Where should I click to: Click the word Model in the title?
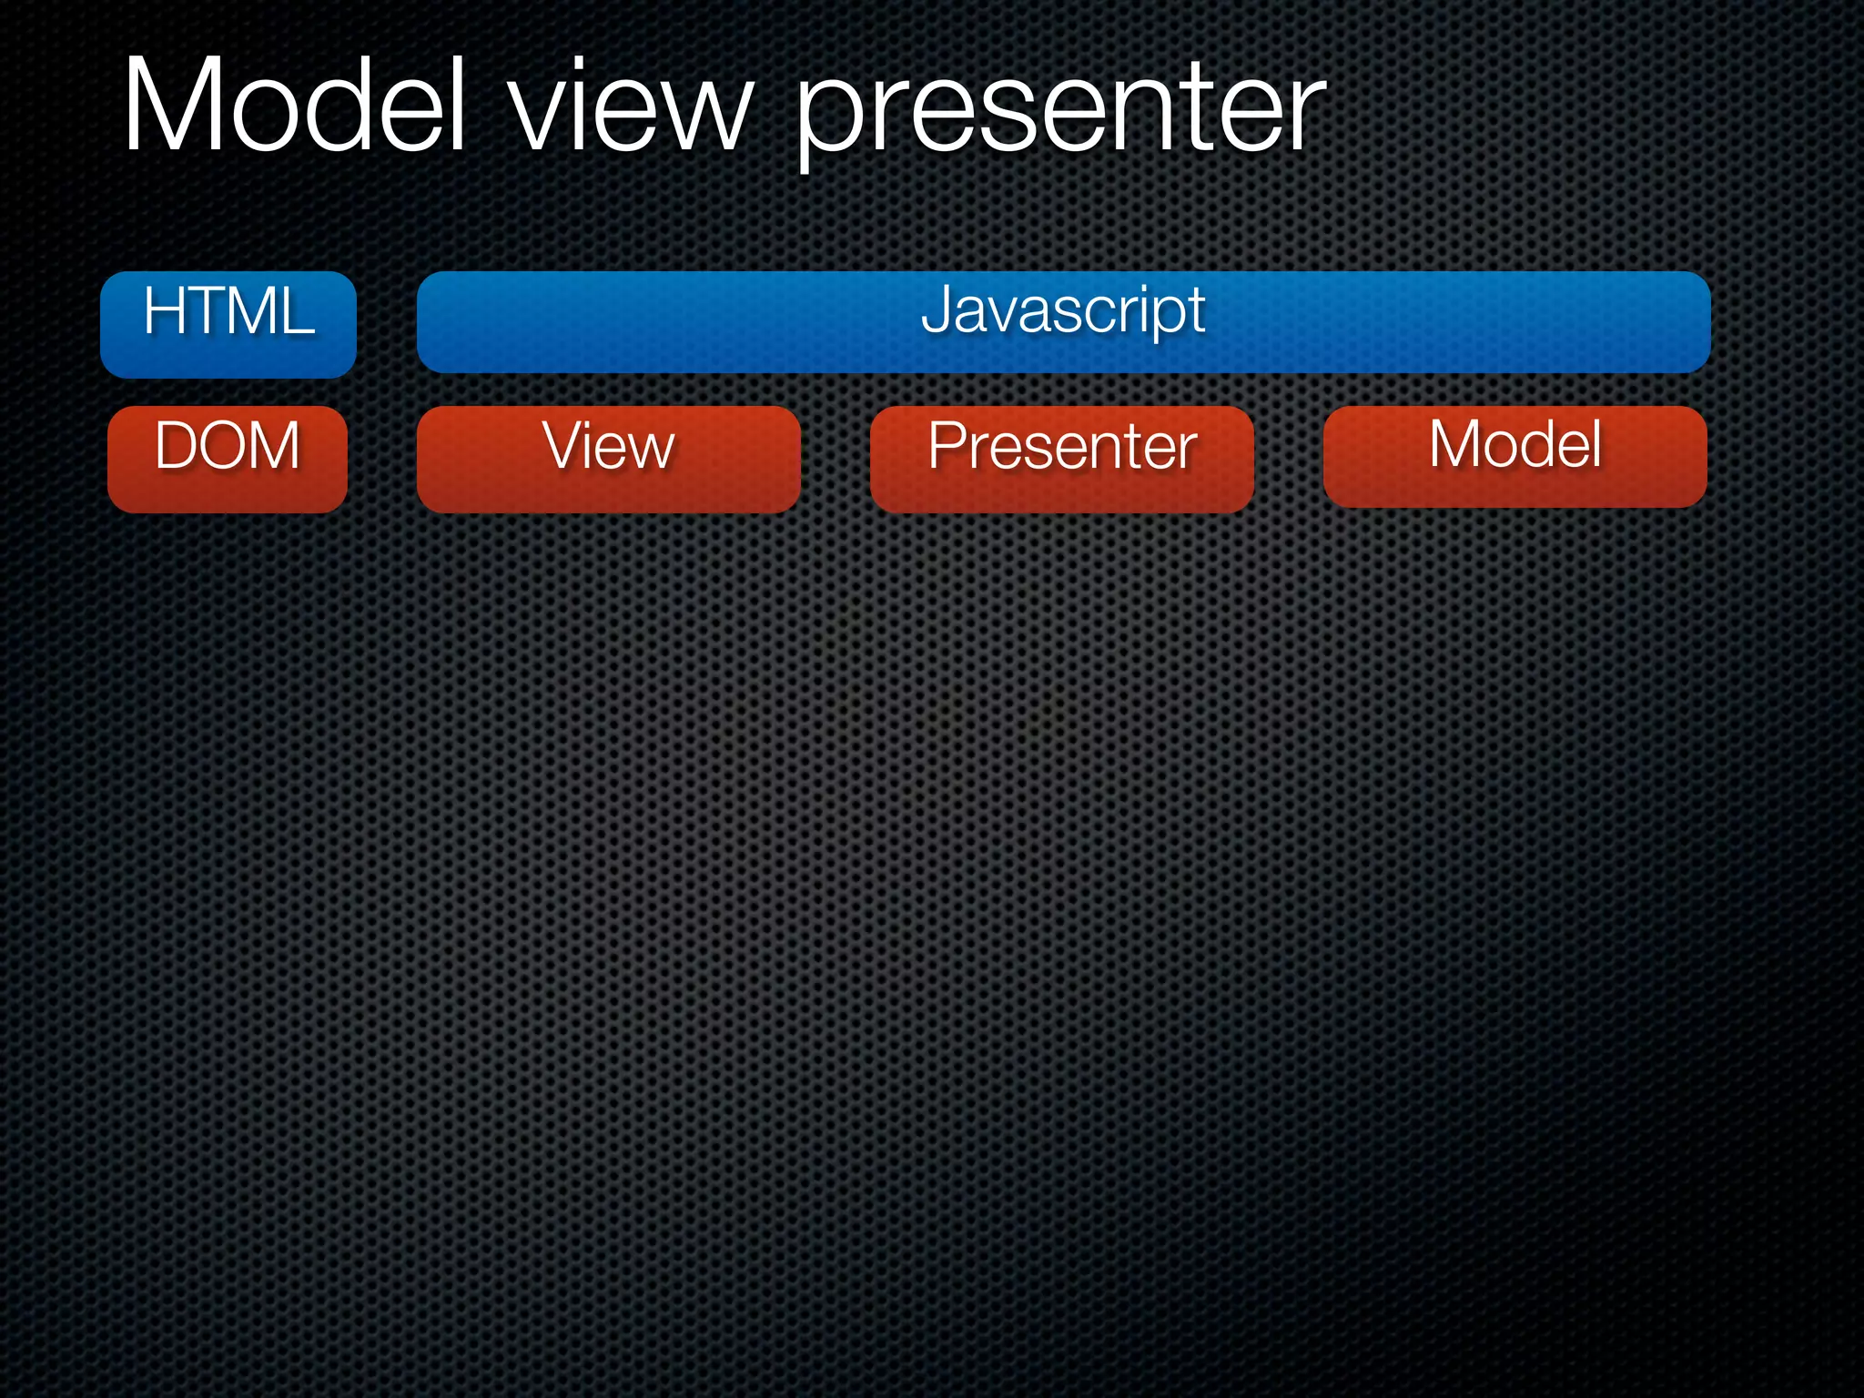(x=294, y=105)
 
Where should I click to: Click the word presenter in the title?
(x=1060, y=114)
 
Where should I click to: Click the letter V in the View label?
(x=561, y=445)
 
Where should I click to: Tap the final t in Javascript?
(x=1196, y=311)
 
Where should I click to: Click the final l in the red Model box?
(x=1596, y=443)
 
